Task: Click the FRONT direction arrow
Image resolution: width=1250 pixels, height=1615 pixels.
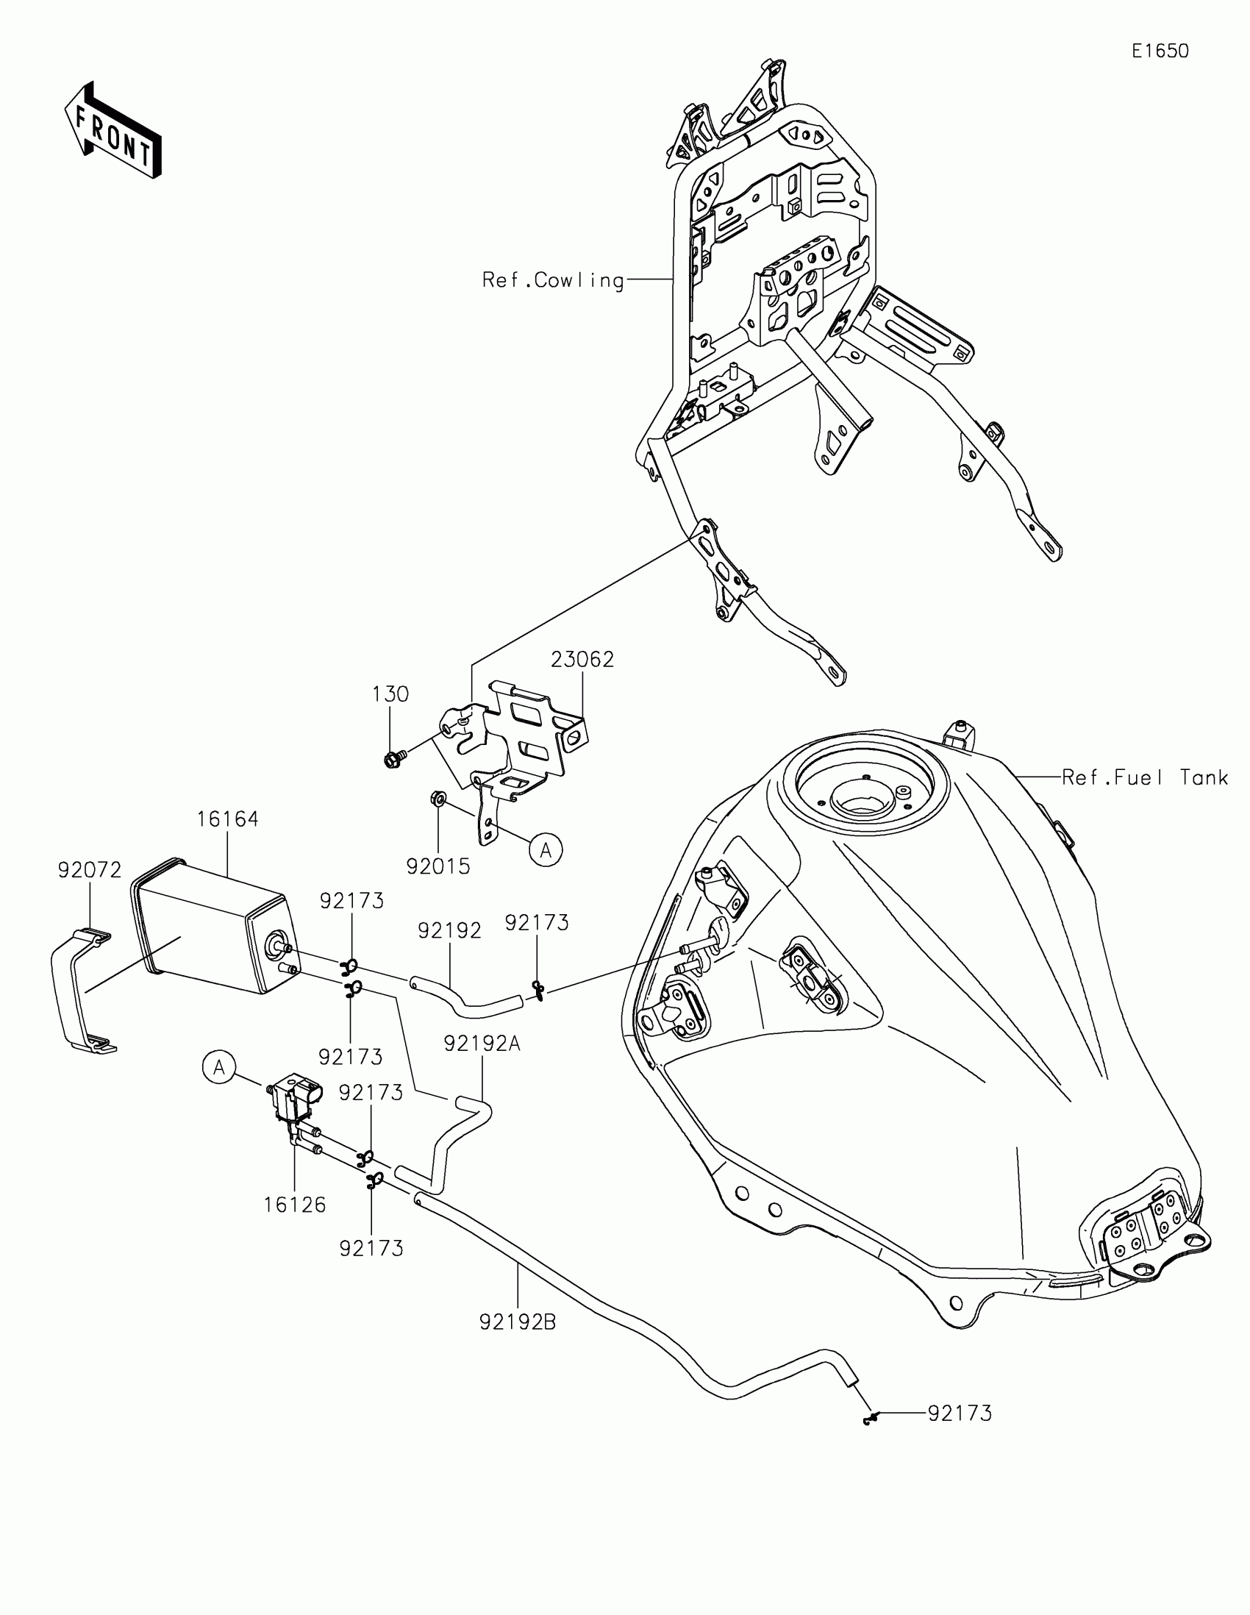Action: [x=113, y=132]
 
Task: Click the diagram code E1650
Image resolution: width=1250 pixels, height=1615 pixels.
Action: [x=1160, y=51]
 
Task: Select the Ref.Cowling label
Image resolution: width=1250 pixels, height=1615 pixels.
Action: [x=553, y=280]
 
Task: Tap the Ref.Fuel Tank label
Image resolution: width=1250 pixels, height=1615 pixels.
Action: [x=1145, y=777]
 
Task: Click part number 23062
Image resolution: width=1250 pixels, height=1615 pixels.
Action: [x=582, y=660]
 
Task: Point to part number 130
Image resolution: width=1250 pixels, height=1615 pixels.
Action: [x=390, y=694]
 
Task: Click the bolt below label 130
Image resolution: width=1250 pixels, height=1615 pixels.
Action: [x=393, y=758]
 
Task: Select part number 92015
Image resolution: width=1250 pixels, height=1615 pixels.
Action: [x=438, y=866]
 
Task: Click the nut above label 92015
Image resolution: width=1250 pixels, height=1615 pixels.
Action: [x=437, y=799]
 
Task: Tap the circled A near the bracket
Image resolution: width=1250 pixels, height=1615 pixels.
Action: [x=546, y=850]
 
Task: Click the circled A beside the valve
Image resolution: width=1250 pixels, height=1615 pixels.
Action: [x=219, y=1068]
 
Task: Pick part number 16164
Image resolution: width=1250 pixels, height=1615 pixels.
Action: [x=227, y=819]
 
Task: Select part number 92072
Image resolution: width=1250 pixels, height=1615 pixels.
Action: [x=90, y=870]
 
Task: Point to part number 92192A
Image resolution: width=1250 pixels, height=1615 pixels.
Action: [x=482, y=1044]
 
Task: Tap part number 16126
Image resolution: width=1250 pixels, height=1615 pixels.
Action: [x=294, y=1205]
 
